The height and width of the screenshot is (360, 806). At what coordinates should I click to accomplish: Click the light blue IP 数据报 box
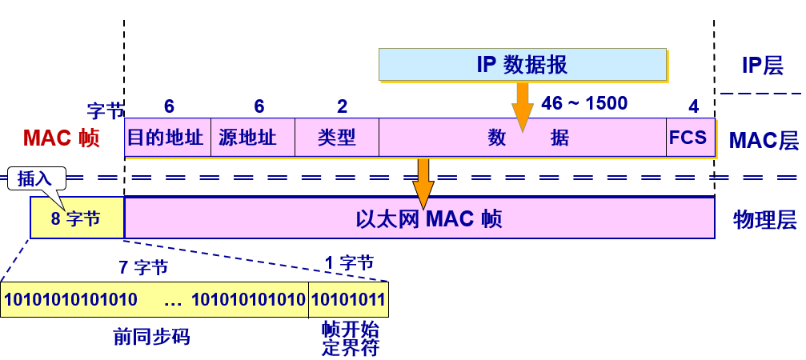pos(522,65)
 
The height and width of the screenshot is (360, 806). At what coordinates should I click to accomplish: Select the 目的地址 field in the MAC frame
pos(167,138)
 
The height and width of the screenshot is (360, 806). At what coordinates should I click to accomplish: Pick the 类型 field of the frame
pos(336,138)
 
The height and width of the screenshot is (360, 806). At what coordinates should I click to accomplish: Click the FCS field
pos(688,138)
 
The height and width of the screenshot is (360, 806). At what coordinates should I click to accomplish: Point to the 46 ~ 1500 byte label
pos(584,103)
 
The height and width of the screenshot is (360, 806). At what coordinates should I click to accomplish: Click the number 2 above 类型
pos(342,106)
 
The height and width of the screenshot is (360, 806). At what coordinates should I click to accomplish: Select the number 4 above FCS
pos(693,106)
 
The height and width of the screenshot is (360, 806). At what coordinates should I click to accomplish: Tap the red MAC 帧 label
pos(61,138)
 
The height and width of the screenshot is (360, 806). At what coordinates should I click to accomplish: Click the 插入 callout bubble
pos(34,178)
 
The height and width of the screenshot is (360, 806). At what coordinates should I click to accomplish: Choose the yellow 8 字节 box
pos(77,218)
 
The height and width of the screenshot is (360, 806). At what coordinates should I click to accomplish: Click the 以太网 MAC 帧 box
pos(419,218)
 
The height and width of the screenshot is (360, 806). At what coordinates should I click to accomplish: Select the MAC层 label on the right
pos(763,142)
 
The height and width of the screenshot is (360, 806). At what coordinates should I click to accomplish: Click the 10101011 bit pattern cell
pos(348,300)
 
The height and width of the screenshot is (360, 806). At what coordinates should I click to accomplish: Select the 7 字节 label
pos(143,268)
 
